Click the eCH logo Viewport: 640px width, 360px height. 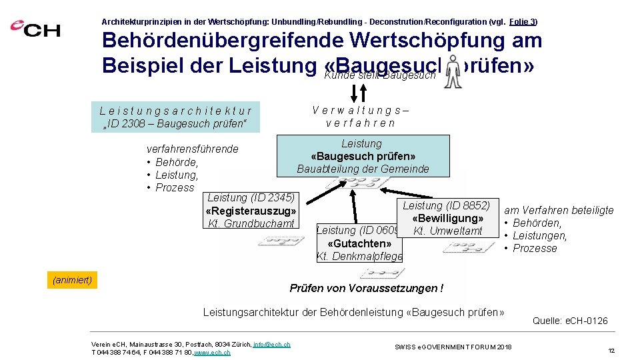[35, 28]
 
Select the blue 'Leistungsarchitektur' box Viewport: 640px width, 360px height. [176, 117]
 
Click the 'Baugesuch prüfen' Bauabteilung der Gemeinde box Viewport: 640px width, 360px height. [363, 156]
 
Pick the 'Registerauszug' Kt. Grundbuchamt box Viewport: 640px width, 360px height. [251, 210]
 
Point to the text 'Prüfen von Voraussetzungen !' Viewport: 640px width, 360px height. [366, 289]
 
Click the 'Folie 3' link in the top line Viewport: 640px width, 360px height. [523, 21]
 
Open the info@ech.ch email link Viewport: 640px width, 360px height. [271, 344]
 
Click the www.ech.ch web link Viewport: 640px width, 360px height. [211, 352]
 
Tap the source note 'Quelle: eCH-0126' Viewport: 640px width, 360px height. [570, 321]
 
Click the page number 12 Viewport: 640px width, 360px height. [611, 349]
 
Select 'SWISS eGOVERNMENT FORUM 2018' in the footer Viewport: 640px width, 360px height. [453, 347]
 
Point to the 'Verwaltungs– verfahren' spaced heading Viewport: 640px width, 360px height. [361, 117]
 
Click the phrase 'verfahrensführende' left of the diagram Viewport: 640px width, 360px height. [192, 149]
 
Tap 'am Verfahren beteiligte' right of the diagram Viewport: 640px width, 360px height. [559, 211]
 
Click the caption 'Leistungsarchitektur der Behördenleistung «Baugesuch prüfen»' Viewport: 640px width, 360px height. [353, 312]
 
